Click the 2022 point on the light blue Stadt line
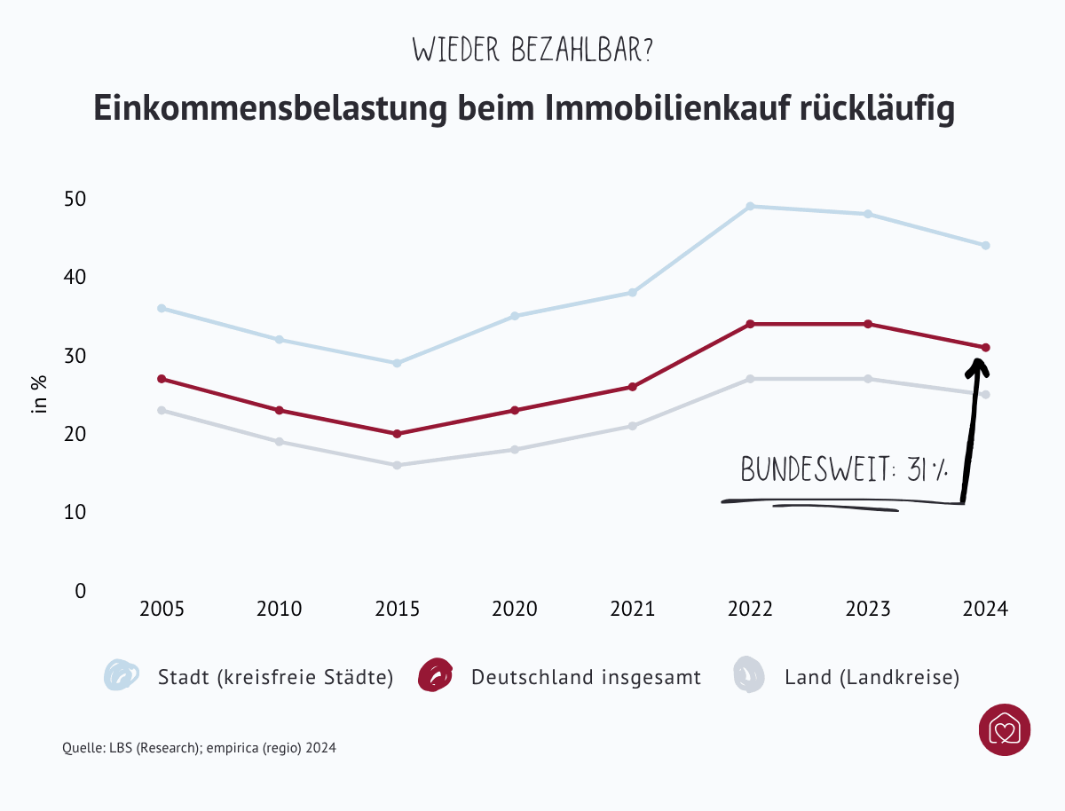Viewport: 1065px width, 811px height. [x=750, y=207]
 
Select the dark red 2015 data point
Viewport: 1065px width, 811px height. [x=397, y=434]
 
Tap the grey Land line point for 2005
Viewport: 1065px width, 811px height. [x=162, y=411]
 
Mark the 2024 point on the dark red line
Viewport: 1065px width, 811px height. [x=985, y=347]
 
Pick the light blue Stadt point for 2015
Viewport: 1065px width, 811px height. [x=397, y=363]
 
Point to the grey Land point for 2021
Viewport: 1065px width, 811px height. [x=633, y=426]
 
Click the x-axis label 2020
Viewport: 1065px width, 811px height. [x=515, y=610]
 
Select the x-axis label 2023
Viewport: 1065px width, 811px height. [x=868, y=610]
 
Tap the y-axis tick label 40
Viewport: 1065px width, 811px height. [x=75, y=278]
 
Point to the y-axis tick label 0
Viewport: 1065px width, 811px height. [x=80, y=591]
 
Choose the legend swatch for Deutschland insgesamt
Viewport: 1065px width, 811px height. [x=435, y=676]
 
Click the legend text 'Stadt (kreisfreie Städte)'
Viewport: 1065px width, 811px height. [x=275, y=678]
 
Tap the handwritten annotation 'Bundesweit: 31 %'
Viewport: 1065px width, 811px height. [x=843, y=470]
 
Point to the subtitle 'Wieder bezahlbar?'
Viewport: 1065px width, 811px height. [x=532, y=50]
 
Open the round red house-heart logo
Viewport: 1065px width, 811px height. [x=1004, y=730]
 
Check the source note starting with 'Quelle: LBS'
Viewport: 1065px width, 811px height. [x=199, y=748]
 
